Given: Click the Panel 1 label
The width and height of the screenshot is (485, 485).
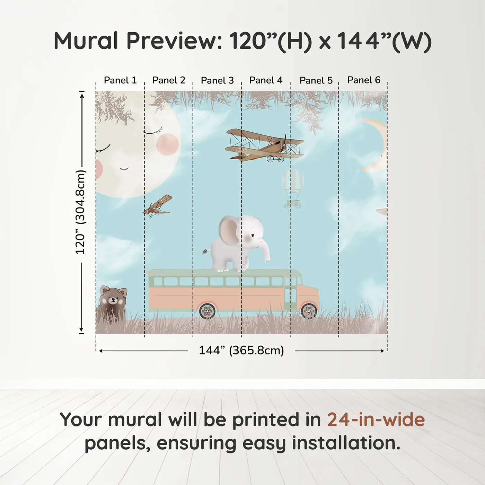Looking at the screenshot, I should tap(120, 80).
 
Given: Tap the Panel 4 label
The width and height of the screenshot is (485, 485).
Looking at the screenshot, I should tap(266, 80).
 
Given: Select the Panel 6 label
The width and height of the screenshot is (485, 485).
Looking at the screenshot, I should tap(364, 80).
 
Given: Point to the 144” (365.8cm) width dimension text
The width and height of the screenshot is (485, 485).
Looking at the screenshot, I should tap(241, 350).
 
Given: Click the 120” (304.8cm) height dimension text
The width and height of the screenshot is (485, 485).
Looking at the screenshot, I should tap(80, 212).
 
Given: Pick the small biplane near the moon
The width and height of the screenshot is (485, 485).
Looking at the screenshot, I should tap(158, 206).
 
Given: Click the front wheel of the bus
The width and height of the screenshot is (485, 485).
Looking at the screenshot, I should tap(309, 311).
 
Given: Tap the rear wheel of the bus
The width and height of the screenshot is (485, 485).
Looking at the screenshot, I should tap(207, 311).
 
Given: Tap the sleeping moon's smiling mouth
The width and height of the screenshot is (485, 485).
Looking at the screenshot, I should tap(124, 169).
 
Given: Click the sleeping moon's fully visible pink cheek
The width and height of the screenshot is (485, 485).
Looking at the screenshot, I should tap(167, 144).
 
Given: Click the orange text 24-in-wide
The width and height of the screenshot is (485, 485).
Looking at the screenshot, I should tap(376, 420).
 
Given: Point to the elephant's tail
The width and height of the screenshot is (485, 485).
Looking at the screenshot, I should tap(206, 251).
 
